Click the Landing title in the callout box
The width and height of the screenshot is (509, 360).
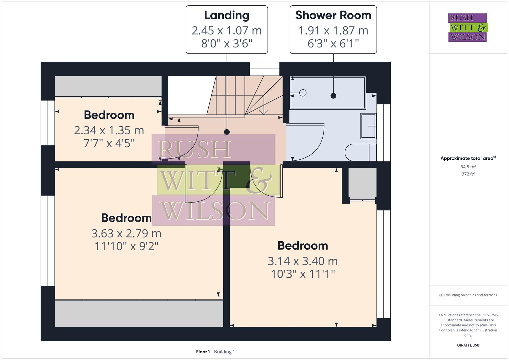tap(227, 15)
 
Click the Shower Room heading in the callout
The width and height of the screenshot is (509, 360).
tap(333, 15)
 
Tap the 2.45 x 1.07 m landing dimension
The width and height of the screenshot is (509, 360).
tap(227, 30)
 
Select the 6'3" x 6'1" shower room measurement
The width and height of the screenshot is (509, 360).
tap(333, 43)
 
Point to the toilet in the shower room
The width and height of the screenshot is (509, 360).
tap(360, 152)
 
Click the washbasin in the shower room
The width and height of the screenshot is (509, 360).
tap(368, 126)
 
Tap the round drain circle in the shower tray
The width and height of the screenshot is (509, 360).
tap(303, 93)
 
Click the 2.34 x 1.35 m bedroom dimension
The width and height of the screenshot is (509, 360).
tap(109, 130)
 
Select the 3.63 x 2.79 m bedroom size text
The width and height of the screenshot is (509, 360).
tap(126, 233)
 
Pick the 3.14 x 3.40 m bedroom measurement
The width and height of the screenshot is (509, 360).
tap(303, 261)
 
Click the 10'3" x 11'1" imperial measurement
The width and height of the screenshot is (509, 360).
tap(303, 274)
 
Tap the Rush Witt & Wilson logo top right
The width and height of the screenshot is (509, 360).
tap(467, 27)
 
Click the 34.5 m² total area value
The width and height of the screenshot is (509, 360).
tap(468, 167)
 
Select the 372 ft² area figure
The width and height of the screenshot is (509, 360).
tap(468, 174)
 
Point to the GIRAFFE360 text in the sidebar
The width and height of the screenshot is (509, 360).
tap(468, 345)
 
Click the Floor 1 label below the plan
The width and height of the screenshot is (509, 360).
tap(203, 352)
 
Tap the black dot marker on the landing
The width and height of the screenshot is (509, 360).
tap(227, 132)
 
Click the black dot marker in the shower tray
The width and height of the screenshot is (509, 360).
tap(333, 96)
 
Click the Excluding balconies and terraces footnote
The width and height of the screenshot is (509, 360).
tap(468, 295)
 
